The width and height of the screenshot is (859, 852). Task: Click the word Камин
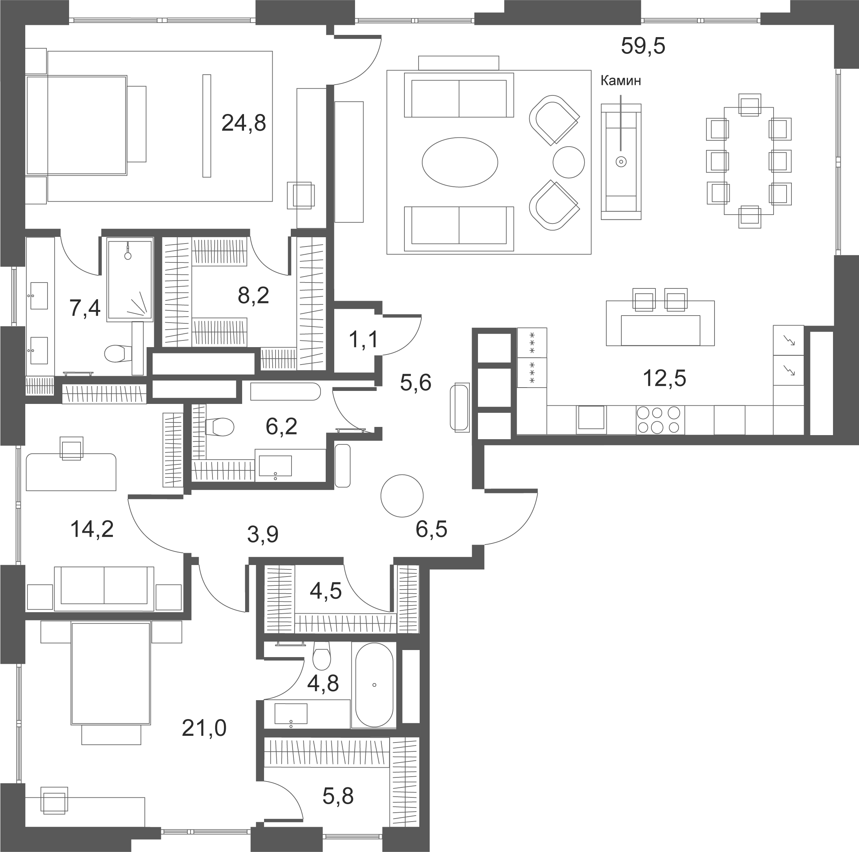pos(621,81)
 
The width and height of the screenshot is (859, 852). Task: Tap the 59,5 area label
pos(643,46)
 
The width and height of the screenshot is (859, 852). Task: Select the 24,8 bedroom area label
pos(244,123)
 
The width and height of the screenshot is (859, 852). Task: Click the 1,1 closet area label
pos(363,340)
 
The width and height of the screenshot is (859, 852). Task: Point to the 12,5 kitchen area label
pos(664,378)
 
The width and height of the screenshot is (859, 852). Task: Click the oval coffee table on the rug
pos(460,162)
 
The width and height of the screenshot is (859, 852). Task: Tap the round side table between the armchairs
pos(569,162)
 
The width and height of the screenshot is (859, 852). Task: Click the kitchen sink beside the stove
pos(591,419)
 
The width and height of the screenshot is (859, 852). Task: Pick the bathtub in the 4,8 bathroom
pos(374,685)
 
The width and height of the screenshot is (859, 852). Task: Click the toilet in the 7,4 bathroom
pos(118,354)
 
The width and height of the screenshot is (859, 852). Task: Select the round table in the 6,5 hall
pos(402,496)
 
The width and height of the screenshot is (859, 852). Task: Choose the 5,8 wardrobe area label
pos(338,796)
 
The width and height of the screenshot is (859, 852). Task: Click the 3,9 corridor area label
pos(263,535)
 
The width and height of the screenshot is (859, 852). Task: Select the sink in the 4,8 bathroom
pos(291,714)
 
